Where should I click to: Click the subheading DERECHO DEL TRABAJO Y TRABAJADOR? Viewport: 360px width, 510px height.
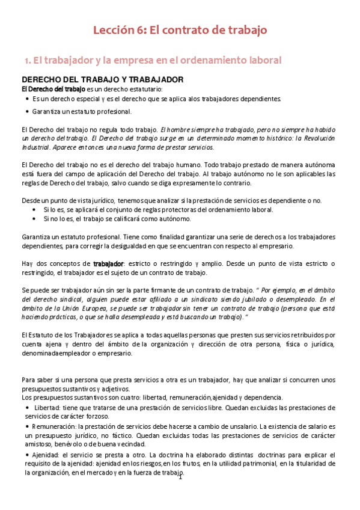[102, 80]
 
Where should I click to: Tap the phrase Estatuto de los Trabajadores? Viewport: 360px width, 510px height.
[66, 334]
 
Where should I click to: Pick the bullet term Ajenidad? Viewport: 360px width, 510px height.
[46, 455]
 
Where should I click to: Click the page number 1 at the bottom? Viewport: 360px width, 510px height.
[180, 478]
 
